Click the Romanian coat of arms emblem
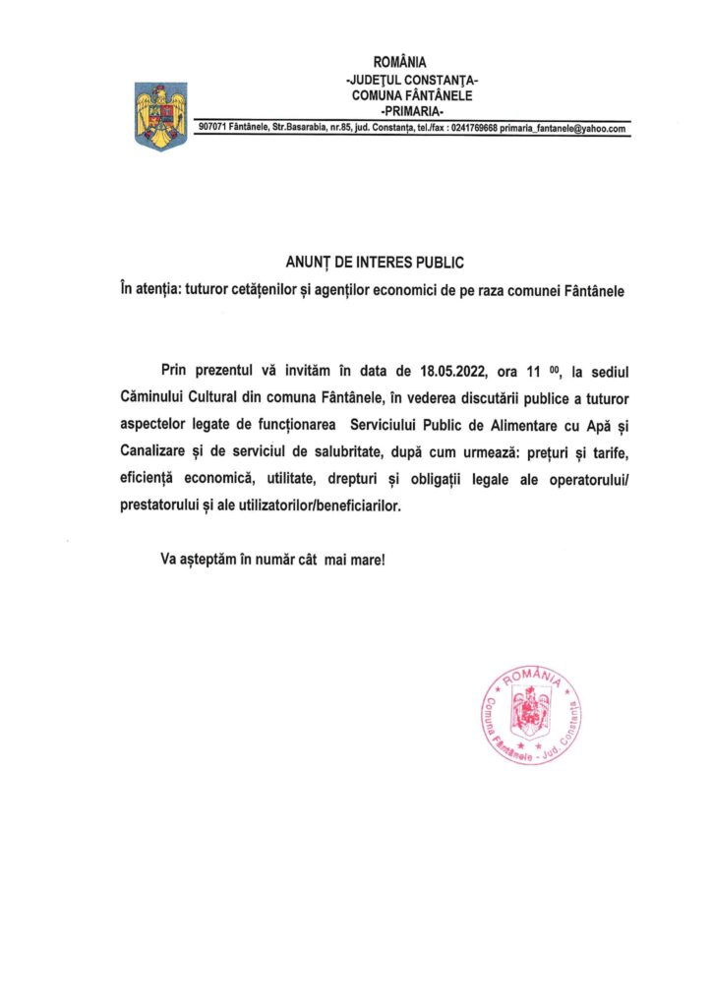157,115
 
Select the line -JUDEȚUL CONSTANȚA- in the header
413,80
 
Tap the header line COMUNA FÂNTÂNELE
413,95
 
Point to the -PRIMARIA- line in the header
413,111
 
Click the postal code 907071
213,129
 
